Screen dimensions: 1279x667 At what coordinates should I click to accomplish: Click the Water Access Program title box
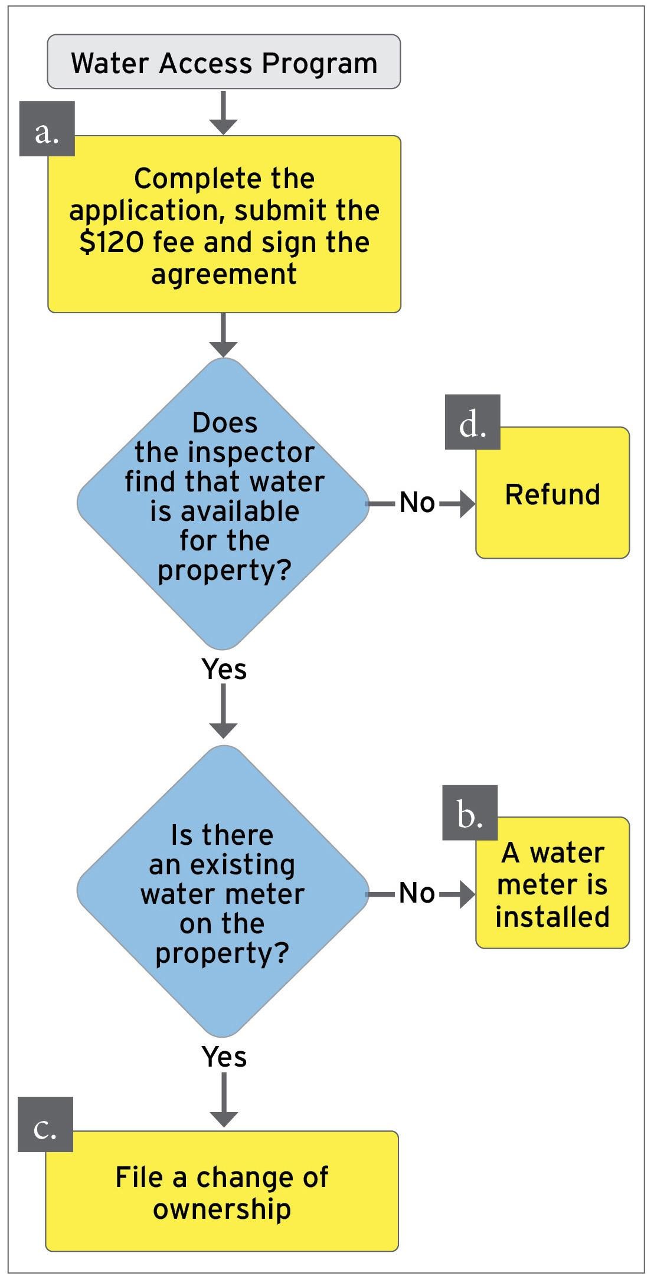(224, 62)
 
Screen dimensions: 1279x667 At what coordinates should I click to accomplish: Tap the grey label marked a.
(47, 129)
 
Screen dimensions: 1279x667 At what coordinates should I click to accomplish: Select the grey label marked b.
(470, 812)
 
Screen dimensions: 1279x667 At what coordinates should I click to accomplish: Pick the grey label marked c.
(45, 1124)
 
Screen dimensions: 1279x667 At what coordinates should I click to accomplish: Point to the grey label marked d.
(472, 422)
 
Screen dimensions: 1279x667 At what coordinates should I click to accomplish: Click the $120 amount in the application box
(111, 242)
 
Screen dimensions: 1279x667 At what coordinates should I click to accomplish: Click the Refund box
(552, 493)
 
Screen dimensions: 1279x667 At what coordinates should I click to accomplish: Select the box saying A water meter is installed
(552, 884)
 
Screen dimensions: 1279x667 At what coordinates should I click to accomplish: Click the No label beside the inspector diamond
(417, 503)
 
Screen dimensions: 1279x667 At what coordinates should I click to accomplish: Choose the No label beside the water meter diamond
(417, 893)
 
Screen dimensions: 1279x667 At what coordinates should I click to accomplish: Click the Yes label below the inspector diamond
(224, 669)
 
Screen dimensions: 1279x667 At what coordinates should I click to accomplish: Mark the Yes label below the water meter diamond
(224, 1057)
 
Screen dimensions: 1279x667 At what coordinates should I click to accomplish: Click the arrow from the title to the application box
(224, 113)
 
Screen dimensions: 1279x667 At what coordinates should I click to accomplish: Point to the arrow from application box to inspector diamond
(224, 336)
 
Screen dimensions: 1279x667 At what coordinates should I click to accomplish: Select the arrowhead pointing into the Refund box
(466, 504)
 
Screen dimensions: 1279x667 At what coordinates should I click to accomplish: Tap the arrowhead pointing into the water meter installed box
(466, 894)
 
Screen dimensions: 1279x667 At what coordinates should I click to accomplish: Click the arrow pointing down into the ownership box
(224, 1101)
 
